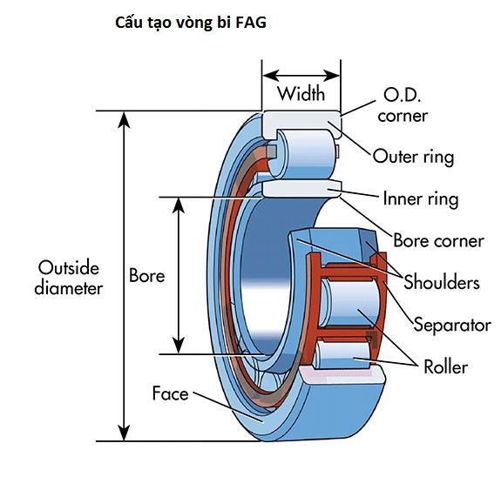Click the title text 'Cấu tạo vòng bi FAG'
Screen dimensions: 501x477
pos(191,23)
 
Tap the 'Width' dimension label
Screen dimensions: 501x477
pos(301,93)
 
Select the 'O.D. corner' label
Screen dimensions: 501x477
pos(403,105)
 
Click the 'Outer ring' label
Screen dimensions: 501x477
pos(414,157)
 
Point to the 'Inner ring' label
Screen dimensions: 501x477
pos(421,198)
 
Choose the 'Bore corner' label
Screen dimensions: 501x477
pos(438,240)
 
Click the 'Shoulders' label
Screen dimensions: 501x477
pos(442,282)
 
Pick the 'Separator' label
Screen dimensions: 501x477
pos(452,325)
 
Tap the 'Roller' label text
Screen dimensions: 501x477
pos(445,366)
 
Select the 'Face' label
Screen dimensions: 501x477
pos(170,393)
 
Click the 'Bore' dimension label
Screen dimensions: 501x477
pos(147,275)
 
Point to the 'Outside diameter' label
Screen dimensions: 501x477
pos(68,278)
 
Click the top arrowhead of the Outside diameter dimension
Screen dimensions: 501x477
pos(124,119)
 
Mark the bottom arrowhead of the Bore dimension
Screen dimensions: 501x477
pos(179,346)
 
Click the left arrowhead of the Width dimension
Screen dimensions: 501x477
pos(271,76)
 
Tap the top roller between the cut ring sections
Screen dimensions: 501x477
pos(302,154)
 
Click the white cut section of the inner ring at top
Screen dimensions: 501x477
pos(301,189)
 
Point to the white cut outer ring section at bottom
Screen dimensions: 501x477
pos(342,375)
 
